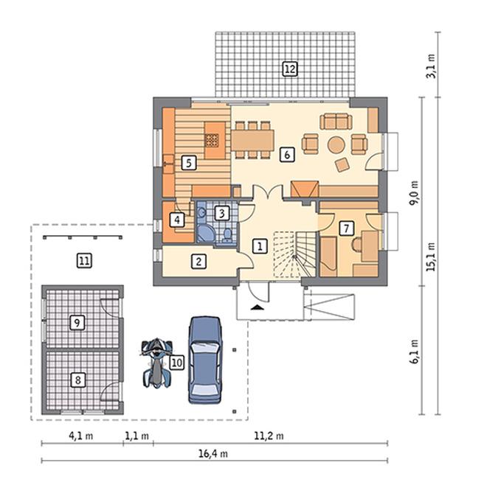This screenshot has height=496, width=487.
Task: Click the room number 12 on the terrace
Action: coord(290,69)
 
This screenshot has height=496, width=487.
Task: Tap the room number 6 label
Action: coord(287,155)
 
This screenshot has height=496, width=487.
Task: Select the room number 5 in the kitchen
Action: coord(189,163)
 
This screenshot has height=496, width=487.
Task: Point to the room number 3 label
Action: coord(222,213)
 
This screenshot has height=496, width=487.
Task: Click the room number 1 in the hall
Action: coord(260,245)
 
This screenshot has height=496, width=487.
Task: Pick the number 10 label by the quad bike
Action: coord(176,362)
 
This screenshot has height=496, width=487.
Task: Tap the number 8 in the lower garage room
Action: coord(78,380)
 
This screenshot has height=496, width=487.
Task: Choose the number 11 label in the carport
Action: coord(84,261)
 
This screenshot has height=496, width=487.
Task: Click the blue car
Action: coord(205,360)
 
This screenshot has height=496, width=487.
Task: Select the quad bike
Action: coord(156,363)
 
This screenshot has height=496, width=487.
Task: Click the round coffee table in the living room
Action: coord(336,144)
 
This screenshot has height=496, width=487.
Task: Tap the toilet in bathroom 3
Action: coord(227,234)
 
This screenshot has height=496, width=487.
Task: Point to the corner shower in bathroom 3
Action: coord(205,233)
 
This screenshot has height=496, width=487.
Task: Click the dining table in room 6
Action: coord(252,140)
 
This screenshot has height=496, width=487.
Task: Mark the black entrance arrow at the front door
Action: coord(258,307)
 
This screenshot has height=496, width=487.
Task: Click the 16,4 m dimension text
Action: coord(213,454)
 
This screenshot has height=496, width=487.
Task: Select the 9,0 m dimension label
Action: coord(414,192)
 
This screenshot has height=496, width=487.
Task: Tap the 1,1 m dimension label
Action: coord(137,436)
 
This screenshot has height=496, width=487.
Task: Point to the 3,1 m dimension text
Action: coord(431,66)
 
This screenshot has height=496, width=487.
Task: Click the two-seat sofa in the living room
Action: coord(336,122)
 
